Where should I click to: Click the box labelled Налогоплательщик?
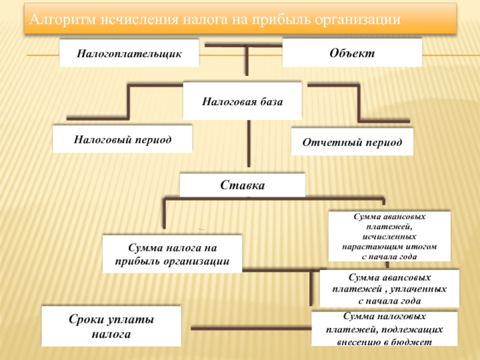pos(128,53)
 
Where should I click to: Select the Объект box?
pos(352,53)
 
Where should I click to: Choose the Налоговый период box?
pos(122,139)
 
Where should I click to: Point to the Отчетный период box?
pos(352,143)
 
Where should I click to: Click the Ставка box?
pos(242,185)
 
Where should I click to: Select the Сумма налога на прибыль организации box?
pos(172,254)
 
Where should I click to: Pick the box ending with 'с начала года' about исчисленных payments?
pos(389,236)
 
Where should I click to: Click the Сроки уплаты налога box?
pos(110,326)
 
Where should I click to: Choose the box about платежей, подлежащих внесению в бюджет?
pos(385,329)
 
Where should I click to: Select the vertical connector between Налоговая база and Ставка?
pos(248,144)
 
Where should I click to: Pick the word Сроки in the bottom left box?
pos(88,320)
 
